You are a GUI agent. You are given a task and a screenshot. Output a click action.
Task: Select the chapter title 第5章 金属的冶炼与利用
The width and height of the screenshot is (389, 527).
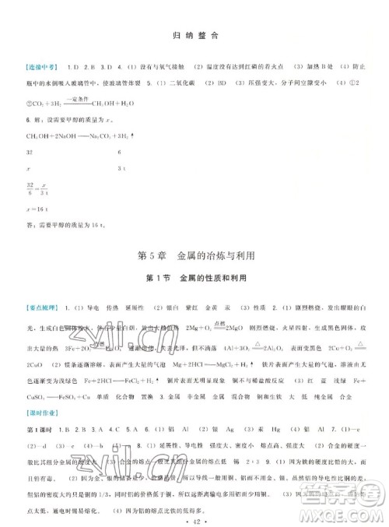click(x=194, y=258)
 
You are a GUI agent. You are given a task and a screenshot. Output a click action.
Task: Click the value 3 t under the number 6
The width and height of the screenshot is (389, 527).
click(x=120, y=169)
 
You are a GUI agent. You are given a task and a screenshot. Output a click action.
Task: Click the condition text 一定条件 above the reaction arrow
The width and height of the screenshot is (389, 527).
click(x=76, y=98)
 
